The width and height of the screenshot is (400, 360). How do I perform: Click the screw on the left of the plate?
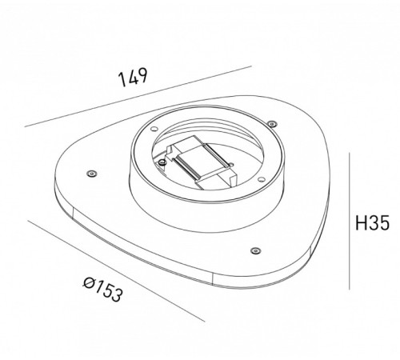[x=90, y=173]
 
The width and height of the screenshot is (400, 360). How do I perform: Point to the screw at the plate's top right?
[x=272, y=123]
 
